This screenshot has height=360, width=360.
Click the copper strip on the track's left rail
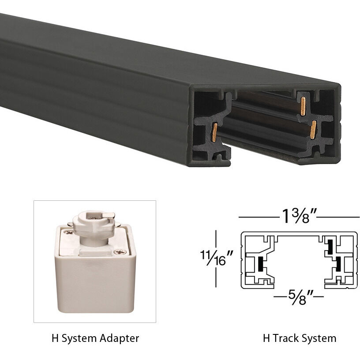click(214, 132)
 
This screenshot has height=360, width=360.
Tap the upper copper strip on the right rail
click(303, 106)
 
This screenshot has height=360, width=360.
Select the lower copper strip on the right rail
click(313, 129)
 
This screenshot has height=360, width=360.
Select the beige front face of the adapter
click(95, 282)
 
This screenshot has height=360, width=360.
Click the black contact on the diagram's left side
click(261, 264)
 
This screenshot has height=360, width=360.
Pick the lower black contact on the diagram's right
click(337, 264)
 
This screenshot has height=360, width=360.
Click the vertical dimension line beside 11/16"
click(216, 258)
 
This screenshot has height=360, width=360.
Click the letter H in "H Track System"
click(266, 339)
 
